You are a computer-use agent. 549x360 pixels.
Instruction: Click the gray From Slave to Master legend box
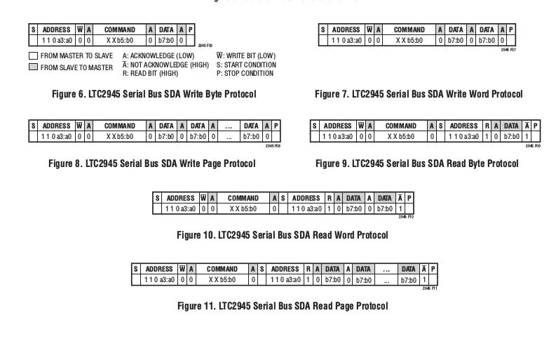34,67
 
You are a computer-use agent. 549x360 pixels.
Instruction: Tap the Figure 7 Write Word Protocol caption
419,94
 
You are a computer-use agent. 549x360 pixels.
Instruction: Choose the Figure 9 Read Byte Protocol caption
417,164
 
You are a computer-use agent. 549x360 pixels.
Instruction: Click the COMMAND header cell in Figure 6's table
119,30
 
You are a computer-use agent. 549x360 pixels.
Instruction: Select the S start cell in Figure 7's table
323,30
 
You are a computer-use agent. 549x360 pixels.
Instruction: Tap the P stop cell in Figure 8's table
276,126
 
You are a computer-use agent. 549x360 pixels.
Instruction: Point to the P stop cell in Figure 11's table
433,269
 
